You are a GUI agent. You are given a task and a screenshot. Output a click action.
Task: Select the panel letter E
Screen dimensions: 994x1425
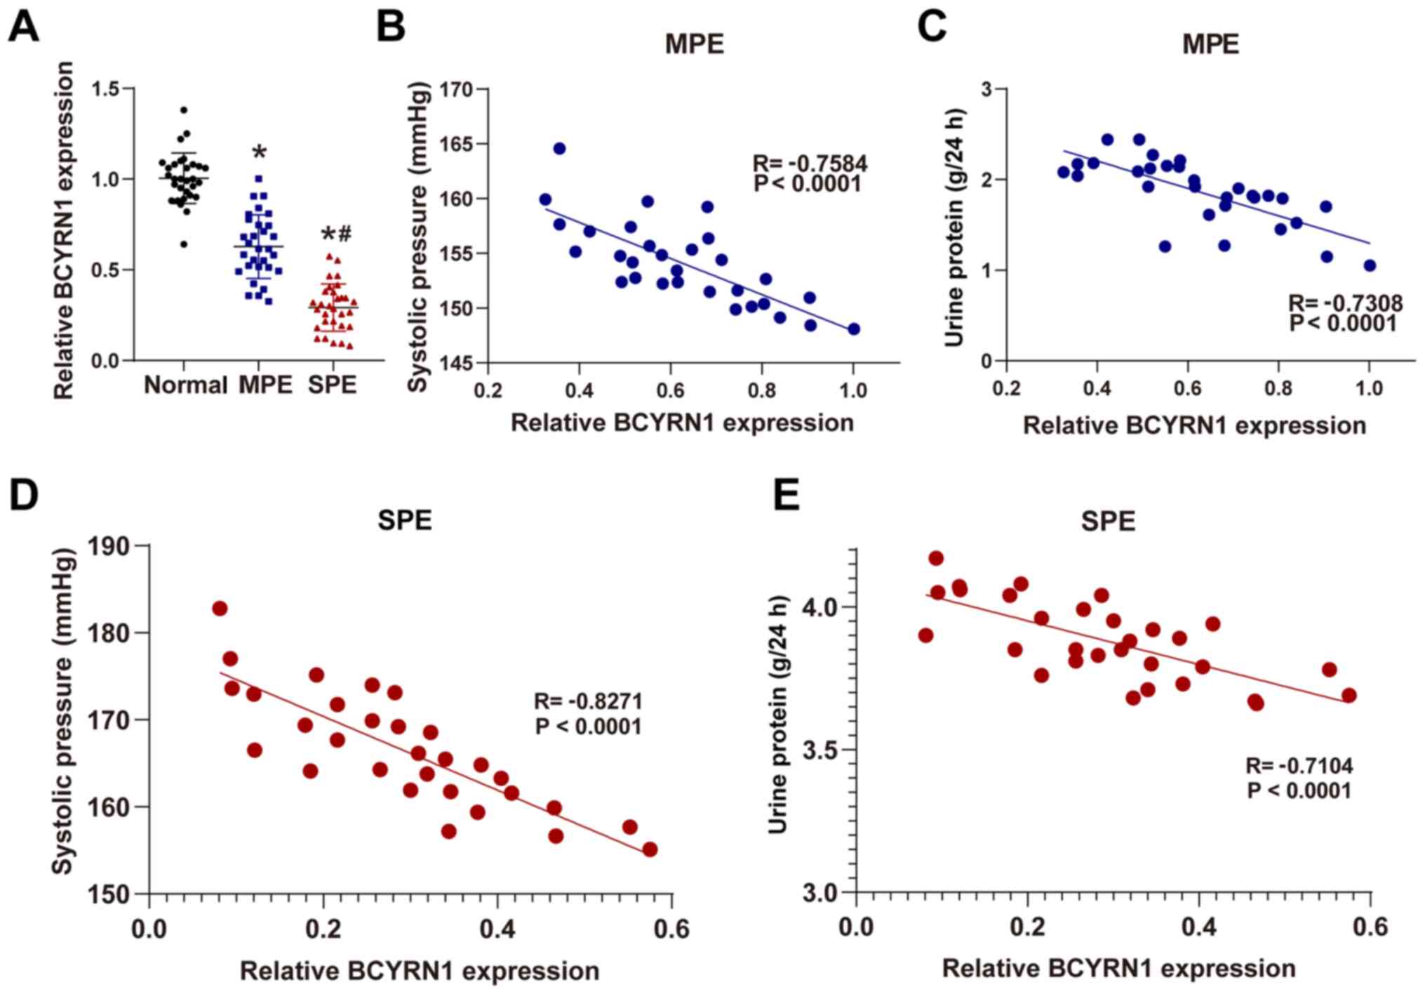click(x=786, y=496)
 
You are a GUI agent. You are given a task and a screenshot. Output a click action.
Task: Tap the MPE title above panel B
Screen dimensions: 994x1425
click(x=694, y=44)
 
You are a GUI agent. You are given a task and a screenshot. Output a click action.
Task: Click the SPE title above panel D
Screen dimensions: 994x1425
click(x=404, y=520)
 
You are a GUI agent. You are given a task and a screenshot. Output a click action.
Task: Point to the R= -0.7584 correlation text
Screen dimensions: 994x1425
click(x=810, y=164)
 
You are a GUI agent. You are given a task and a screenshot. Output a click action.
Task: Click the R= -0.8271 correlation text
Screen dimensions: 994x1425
click(x=588, y=701)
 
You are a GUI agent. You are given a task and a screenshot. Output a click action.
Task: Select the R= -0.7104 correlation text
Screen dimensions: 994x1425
click(x=1299, y=765)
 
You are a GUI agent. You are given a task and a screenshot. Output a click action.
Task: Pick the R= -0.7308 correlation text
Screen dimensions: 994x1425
click(x=1345, y=303)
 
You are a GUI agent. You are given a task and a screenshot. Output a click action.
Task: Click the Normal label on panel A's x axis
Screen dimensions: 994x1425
click(x=185, y=385)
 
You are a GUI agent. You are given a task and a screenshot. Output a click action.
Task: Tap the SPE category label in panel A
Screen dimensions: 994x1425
click(x=333, y=385)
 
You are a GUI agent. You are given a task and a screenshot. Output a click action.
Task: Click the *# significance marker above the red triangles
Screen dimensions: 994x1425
click(x=336, y=234)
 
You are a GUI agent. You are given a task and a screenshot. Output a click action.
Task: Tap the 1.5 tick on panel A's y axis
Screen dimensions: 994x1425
click(x=106, y=88)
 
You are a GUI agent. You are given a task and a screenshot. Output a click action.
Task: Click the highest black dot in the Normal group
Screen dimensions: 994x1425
click(x=184, y=110)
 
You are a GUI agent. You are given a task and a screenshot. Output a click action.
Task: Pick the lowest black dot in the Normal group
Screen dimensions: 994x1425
click(x=184, y=244)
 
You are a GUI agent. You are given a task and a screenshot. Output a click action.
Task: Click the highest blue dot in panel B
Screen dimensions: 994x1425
click(x=559, y=149)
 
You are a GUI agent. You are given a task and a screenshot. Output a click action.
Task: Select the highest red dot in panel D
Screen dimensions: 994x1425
click(x=220, y=609)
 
